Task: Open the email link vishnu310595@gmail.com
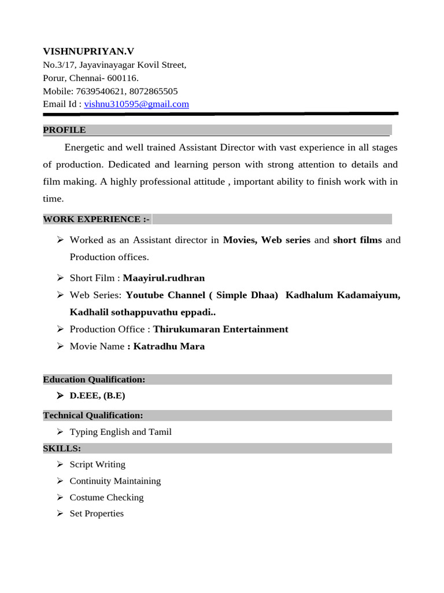pos(136,104)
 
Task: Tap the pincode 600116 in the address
pos(123,78)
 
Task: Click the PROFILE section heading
pos(64,130)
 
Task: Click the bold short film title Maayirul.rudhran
pos(164,278)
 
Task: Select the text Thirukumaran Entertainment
pos(220,329)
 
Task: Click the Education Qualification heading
pos(94,379)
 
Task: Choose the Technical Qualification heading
pos(93,415)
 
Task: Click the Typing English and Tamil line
pos(120,432)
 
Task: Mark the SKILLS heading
pos(62,448)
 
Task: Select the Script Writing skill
pos(97,464)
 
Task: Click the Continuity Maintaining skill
pos(115,481)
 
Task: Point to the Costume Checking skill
pos(106,497)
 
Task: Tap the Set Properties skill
pos(97,514)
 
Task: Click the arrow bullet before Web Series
pos(60,295)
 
